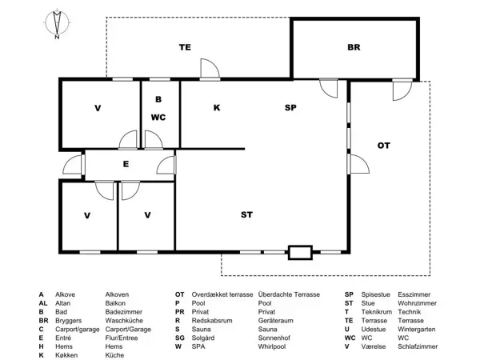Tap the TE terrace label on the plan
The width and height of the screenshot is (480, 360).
185,47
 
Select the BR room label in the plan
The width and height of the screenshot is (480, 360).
354,47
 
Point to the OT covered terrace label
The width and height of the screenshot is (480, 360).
383,146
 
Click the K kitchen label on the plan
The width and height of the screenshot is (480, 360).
217,108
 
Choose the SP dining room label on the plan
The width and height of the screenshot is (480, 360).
290,108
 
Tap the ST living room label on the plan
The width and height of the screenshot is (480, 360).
246,215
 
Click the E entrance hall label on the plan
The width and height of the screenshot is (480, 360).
126,164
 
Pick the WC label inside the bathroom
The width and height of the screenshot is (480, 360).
158,118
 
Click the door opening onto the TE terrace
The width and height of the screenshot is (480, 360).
210,70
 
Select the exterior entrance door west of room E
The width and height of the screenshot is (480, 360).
74,165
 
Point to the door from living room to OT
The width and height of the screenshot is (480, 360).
358,164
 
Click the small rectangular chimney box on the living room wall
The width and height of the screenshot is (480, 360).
300,253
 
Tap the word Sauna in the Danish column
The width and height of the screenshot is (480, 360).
201,330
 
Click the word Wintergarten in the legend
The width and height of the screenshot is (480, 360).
417,330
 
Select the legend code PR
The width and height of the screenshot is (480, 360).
180,312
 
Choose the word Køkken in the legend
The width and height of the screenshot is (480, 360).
66,355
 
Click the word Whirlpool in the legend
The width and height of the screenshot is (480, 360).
272,347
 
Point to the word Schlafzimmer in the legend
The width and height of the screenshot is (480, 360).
418,347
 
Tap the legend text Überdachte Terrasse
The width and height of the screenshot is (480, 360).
289,294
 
